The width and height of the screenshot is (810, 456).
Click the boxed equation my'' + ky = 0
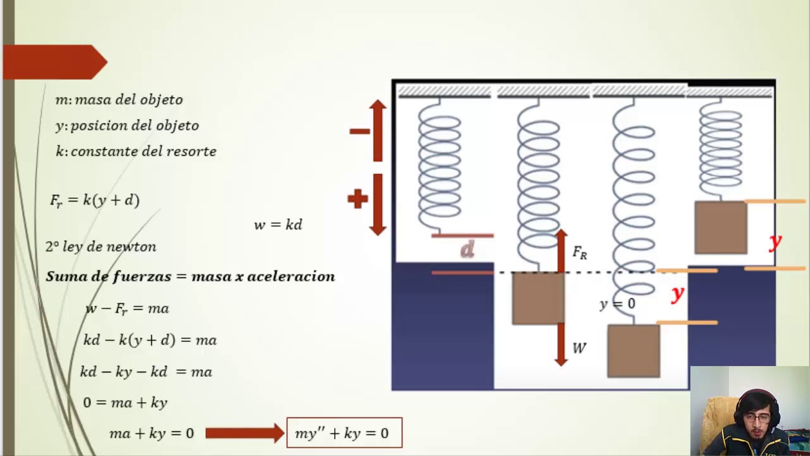coord(344,433)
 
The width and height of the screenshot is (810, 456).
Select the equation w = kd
coord(278,225)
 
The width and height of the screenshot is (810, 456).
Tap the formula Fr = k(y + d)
coord(95,200)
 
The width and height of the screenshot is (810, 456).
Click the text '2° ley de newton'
coord(101,247)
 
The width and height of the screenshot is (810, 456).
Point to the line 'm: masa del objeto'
coord(119,99)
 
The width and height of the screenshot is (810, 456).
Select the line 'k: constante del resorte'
coord(136,151)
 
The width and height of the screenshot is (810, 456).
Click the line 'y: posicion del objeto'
coord(127,125)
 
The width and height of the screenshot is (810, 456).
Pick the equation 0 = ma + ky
coord(125,402)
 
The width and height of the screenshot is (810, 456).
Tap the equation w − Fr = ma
coord(127,308)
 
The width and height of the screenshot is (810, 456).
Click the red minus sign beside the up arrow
coord(359,131)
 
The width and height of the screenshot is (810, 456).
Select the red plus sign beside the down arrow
coord(358,199)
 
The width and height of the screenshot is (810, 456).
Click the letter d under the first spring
coord(467,250)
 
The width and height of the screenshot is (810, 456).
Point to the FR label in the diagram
coord(579,253)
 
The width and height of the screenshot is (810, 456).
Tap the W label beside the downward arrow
coord(579,348)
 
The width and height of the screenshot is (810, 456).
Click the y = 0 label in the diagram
coord(617,304)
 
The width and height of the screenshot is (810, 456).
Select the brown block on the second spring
coord(538,298)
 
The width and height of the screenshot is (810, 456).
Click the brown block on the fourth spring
coord(720,227)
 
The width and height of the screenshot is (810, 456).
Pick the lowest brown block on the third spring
coord(633,351)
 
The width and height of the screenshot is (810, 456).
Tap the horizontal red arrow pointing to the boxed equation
coord(244,433)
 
